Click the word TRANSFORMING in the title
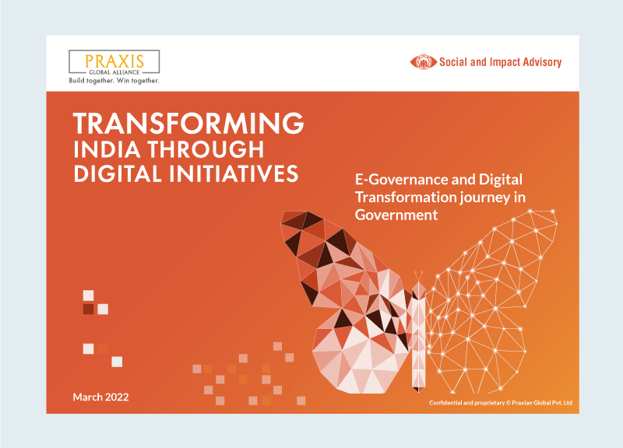pyautogui.click(x=188, y=124)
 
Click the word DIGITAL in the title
pyautogui.click(x=111, y=173)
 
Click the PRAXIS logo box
pyautogui.click(x=114, y=61)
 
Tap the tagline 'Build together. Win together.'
pyautogui.click(x=114, y=80)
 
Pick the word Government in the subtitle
pyautogui.click(x=396, y=215)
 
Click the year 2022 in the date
pyautogui.click(x=114, y=397)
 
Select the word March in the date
pyautogui.click(x=86, y=397)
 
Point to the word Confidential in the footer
pyautogui.click(x=451, y=403)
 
